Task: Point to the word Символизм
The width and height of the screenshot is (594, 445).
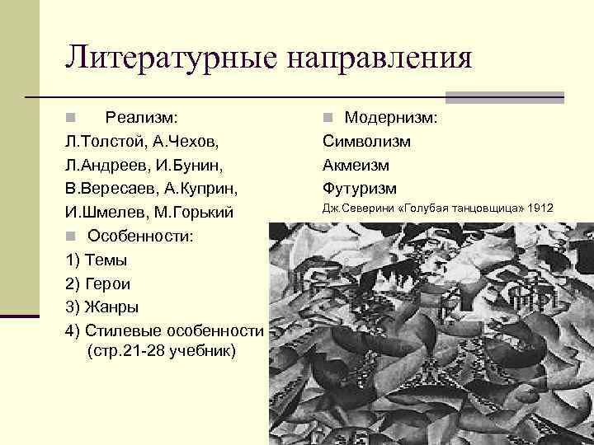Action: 366,142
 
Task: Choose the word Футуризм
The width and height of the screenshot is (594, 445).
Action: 360,189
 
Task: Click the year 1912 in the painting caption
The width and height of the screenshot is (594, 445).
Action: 540,208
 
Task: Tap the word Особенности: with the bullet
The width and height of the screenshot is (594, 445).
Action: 141,237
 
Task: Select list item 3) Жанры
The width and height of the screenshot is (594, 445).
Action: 101,307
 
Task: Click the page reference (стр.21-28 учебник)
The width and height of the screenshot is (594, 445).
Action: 160,351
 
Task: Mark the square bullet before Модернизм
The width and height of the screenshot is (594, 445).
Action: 328,119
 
